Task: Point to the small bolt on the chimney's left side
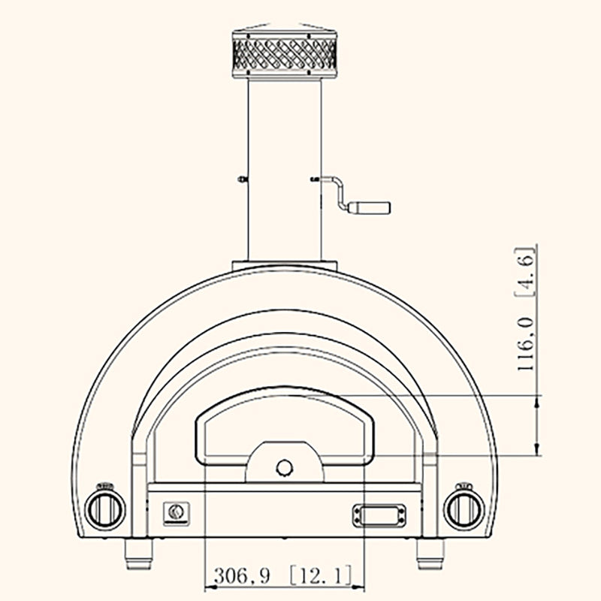click(x=239, y=179)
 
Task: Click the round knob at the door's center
click(x=285, y=468)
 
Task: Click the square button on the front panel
click(x=177, y=512)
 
